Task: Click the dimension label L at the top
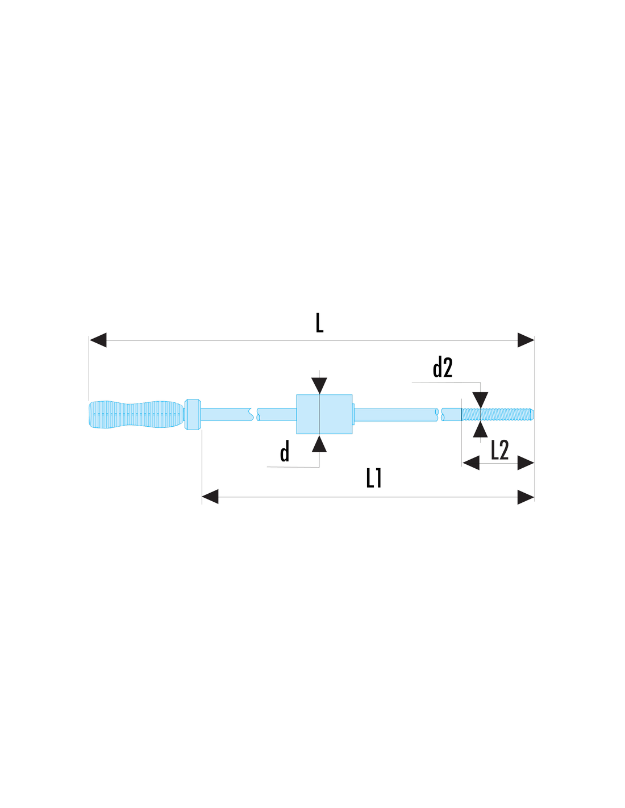pyautogui.click(x=319, y=323)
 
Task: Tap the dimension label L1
pyautogui.click(x=374, y=478)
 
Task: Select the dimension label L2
pyautogui.click(x=499, y=450)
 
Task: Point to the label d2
pyautogui.click(x=443, y=367)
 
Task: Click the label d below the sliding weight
pyautogui.click(x=285, y=452)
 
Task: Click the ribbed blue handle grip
pyautogui.click(x=136, y=414)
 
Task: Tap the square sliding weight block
pyautogui.click(x=324, y=414)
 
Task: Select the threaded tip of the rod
pyautogui.click(x=498, y=414)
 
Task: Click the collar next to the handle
pyautogui.click(x=193, y=414)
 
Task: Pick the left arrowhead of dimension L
pyautogui.click(x=98, y=340)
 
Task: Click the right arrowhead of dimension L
pyautogui.click(x=526, y=340)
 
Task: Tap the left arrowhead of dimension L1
pyautogui.click(x=210, y=497)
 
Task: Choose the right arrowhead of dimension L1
pyautogui.click(x=526, y=497)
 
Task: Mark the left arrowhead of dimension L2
pyautogui.click(x=470, y=463)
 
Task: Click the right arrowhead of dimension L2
pyautogui.click(x=526, y=463)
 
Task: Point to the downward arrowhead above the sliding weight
pyautogui.click(x=319, y=386)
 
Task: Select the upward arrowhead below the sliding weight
pyautogui.click(x=319, y=444)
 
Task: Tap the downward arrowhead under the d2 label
pyautogui.click(x=480, y=400)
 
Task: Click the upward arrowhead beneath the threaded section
pyautogui.click(x=480, y=429)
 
